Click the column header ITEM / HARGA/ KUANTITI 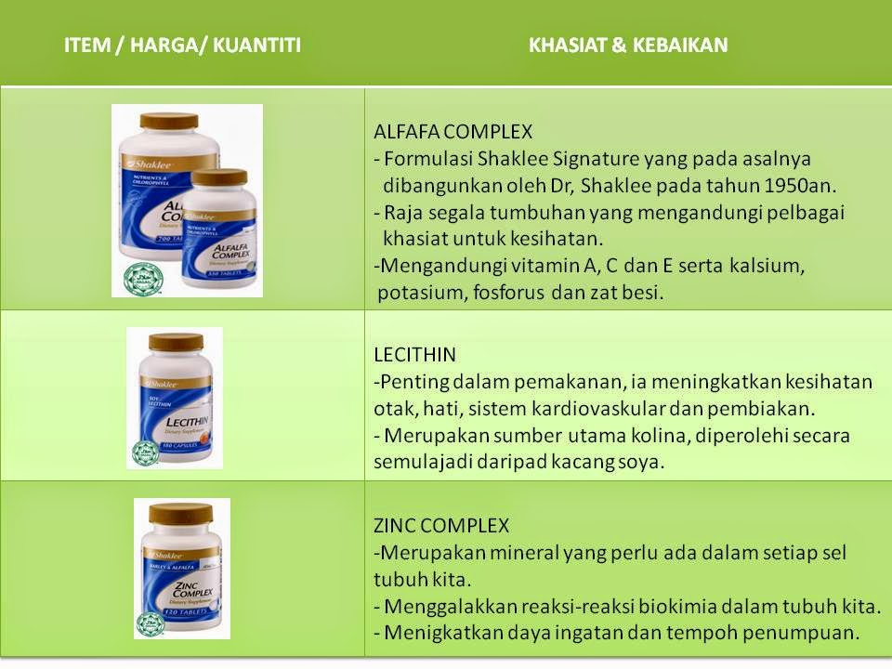[x=182, y=45]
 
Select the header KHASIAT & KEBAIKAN [x=628, y=45]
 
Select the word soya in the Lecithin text [x=644, y=462]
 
